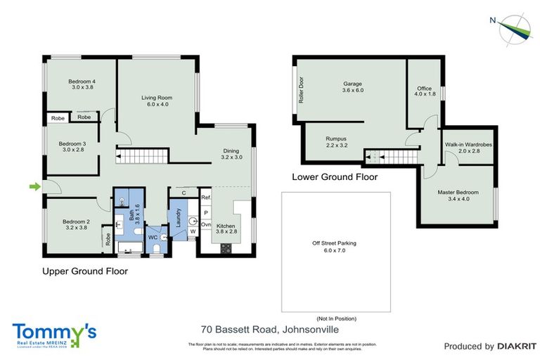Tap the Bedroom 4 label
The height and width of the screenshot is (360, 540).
pyautogui.click(x=82, y=84)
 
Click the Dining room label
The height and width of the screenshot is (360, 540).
pyautogui.click(x=231, y=154)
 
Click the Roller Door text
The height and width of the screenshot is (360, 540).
pyautogui.click(x=300, y=90)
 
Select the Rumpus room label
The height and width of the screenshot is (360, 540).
pyautogui.click(x=336, y=142)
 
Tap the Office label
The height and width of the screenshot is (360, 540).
pyautogui.click(x=425, y=91)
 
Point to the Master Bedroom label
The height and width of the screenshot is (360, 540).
pyautogui.click(x=458, y=195)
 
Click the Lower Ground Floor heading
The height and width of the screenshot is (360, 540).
pyautogui.click(x=335, y=177)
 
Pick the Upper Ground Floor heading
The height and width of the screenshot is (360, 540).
pyautogui.click(x=85, y=271)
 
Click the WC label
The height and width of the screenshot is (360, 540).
pyautogui.click(x=152, y=238)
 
